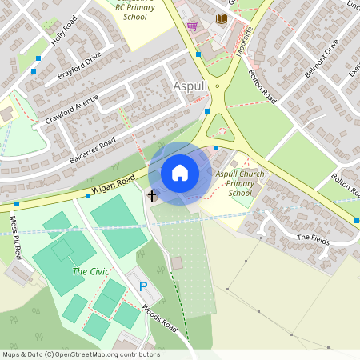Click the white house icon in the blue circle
(180, 173)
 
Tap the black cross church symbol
(151, 194)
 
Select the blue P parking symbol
(143, 286)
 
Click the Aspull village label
(190, 86)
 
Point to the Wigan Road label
(115, 185)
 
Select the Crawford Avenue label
(72, 109)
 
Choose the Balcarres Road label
(93, 148)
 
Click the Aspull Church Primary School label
(240, 183)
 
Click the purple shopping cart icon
(192, 26)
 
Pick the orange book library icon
(222, 18)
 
